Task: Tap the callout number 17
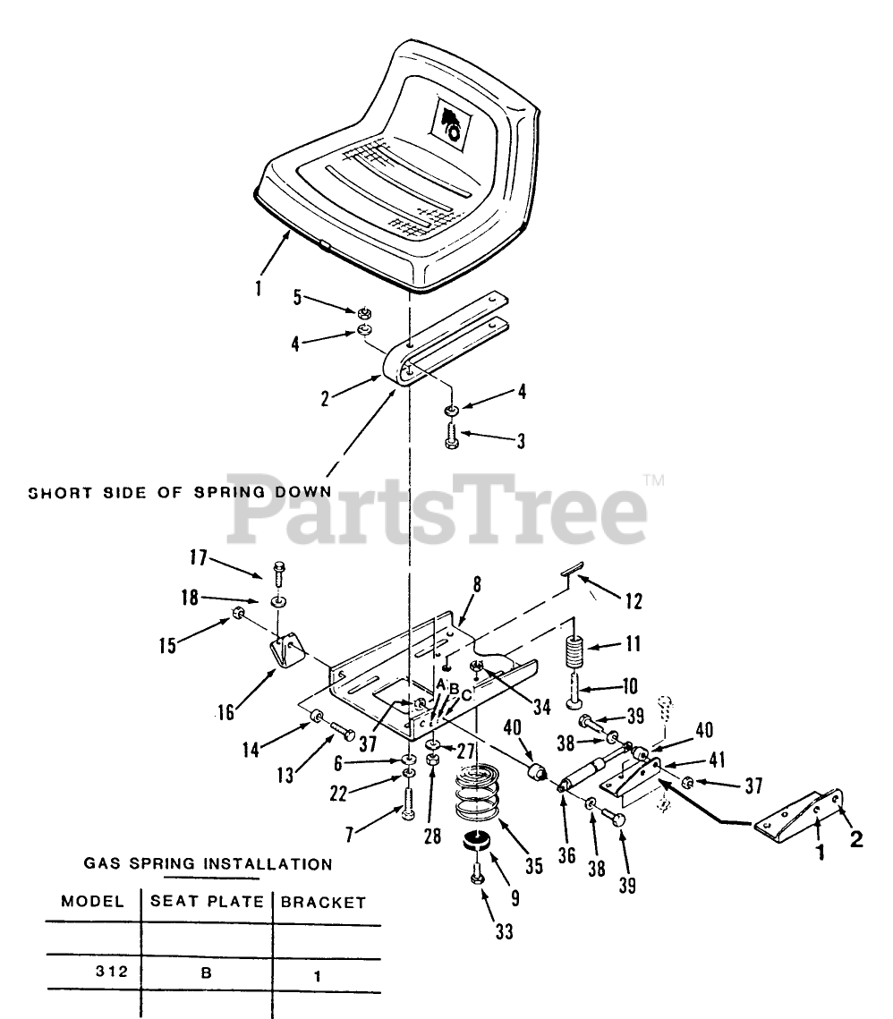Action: point(197,560)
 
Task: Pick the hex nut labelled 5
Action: point(364,313)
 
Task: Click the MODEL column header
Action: point(92,902)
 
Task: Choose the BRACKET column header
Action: point(323,903)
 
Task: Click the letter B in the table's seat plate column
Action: point(205,973)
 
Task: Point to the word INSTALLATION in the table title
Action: point(268,864)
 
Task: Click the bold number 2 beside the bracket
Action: point(857,840)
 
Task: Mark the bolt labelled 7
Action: point(409,802)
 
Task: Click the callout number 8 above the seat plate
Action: point(477,585)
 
